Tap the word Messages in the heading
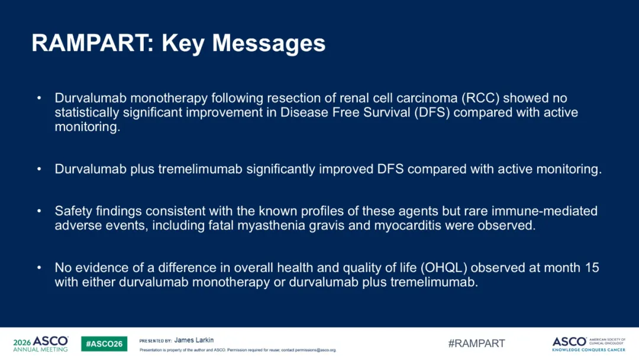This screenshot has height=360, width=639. point(269,43)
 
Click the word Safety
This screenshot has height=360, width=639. point(73,211)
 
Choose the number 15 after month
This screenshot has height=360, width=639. point(592,268)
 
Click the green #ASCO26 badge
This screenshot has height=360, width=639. point(104,343)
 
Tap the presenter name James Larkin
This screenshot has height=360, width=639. point(194,340)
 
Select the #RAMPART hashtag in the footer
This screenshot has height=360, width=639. point(476,343)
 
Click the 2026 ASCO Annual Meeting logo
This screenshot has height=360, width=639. point(41,343)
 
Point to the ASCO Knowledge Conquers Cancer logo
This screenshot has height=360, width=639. point(589,344)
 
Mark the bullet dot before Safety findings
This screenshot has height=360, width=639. point(39,211)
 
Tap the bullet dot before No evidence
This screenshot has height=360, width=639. point(39,268)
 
